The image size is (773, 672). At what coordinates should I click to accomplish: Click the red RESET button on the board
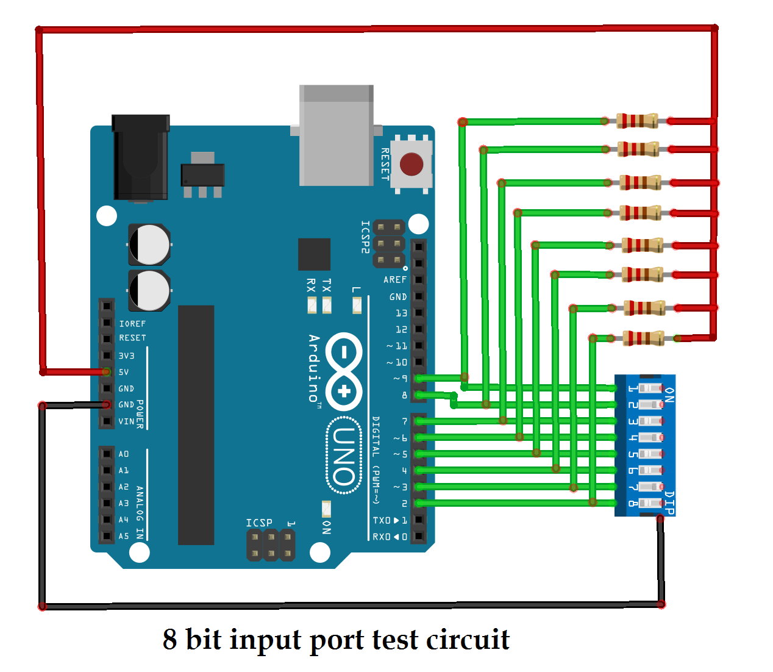click(411, 164)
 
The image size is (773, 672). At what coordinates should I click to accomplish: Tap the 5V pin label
click(124, 372)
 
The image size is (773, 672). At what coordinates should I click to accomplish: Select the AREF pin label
click(395, 280)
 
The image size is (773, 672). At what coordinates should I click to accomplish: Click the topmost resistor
click(637, 120)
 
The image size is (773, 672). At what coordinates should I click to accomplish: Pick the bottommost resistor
click(643, 338)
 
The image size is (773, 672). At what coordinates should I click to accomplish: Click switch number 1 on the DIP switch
click(650, 388)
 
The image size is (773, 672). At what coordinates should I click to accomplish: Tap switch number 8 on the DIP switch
click(650, 503)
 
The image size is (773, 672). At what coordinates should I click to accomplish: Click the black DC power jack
click(140, 157)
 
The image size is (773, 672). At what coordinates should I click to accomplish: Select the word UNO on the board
click(344, 455)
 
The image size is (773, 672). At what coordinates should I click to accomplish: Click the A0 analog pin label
click(124, 454)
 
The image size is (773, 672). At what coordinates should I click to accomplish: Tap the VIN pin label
click(126, 421)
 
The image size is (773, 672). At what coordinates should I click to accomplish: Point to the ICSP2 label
click(365, 237)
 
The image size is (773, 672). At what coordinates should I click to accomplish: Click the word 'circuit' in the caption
click(468, 640)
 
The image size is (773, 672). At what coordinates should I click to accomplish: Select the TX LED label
click(327, 285)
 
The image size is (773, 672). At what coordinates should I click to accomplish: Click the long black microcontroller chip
click(196, 424)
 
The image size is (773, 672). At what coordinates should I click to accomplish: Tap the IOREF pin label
click(132, 324)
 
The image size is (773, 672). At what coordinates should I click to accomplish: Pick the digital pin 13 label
click(401, 313)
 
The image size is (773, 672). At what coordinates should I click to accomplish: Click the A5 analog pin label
click(124, 536)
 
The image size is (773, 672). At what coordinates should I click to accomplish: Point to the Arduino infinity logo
click(344, 371)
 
